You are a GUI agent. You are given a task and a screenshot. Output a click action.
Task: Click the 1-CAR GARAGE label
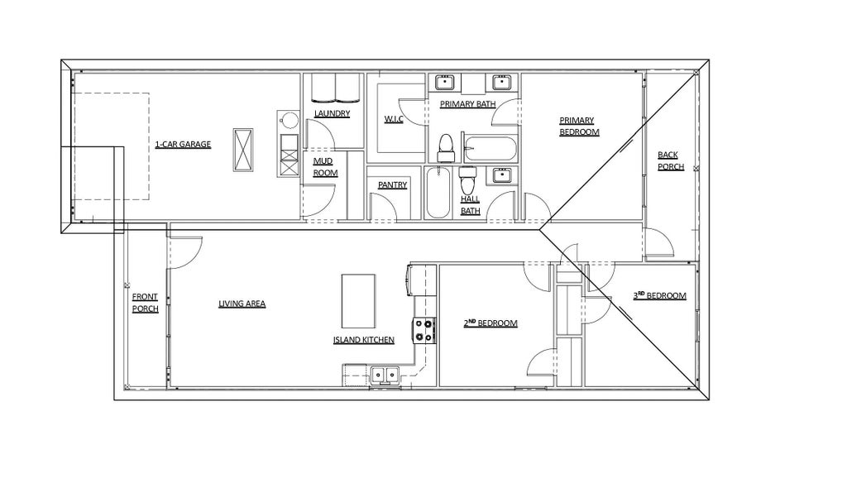(x=183, y=144)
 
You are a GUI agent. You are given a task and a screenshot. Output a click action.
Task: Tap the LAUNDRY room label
(x=332, y=113)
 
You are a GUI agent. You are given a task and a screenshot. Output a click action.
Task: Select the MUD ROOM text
(x=323, y=167)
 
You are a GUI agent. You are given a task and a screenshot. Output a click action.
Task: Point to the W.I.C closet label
(x=394, y=120)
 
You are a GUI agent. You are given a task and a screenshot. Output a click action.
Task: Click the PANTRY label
(x=392, y=185)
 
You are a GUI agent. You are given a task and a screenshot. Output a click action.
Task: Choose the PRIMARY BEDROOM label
(x=578, y=126)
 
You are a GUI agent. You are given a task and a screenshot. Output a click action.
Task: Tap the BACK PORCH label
(x=670, y=160)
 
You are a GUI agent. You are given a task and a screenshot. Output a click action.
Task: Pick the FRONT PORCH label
(x=145, y=303)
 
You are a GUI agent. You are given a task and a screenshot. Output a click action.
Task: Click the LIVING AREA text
(x=242, y=304)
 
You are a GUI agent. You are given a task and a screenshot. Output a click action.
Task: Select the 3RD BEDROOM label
(x=659, y=295)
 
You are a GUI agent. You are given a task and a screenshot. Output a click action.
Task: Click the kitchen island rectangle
(x=358, y=301)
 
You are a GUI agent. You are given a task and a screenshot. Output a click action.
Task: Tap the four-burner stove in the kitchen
(x=424, y=331)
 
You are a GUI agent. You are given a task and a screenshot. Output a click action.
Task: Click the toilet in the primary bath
(x=446, y=147)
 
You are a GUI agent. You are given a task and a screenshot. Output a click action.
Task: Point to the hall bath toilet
(x=467, y=177)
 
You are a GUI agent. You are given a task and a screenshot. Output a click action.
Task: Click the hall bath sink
(x=500, y=175)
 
